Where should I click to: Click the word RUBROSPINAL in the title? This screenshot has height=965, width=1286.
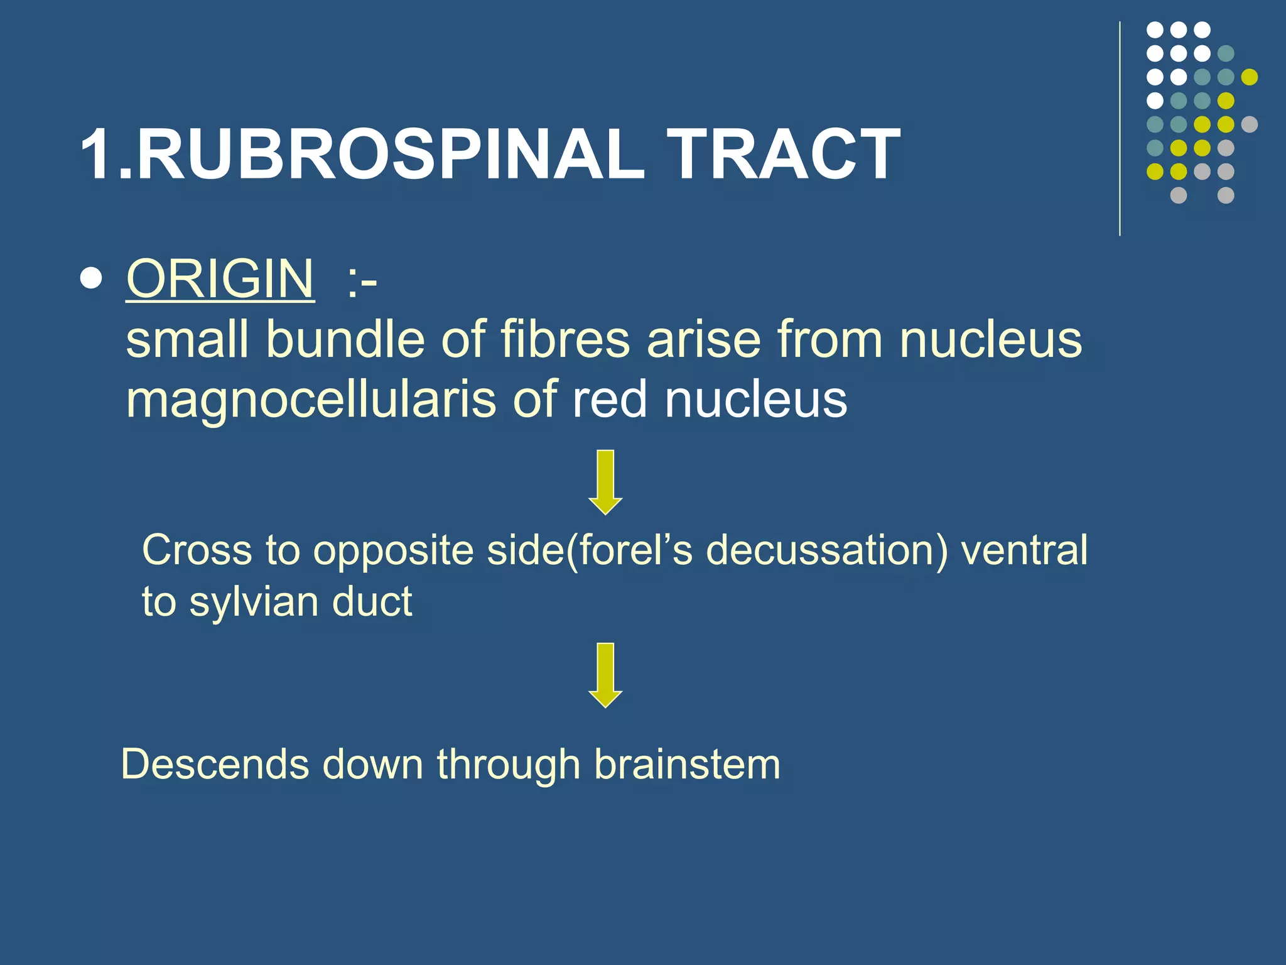(x=389, y=154)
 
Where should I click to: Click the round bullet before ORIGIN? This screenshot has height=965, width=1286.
(x=92, y=278)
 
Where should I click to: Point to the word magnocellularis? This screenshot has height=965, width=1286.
(x=311, y=400)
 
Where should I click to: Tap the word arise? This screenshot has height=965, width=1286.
(x=704, y=339)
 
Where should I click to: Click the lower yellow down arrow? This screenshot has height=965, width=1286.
(x=605, y=675)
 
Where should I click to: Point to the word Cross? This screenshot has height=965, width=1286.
(x=197, y=550)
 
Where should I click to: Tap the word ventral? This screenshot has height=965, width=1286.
(x=1024, y=550)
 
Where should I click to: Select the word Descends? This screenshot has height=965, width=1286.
(x=215, y=765)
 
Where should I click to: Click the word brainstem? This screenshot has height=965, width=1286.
(x=687, y=765)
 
